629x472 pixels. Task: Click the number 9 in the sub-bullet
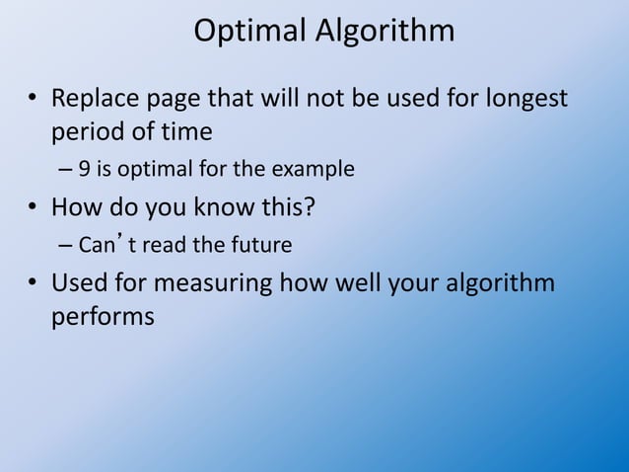coord(86,169)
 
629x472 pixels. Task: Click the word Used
coord(79,282)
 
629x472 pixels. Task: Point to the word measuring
coord(214,284)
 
